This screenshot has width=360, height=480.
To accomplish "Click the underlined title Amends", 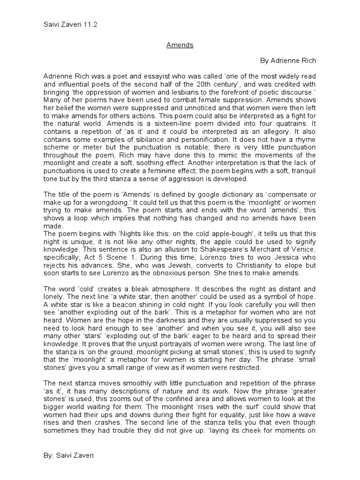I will (180, 45).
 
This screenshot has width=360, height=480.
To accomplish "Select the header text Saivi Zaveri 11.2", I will (71, 24).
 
